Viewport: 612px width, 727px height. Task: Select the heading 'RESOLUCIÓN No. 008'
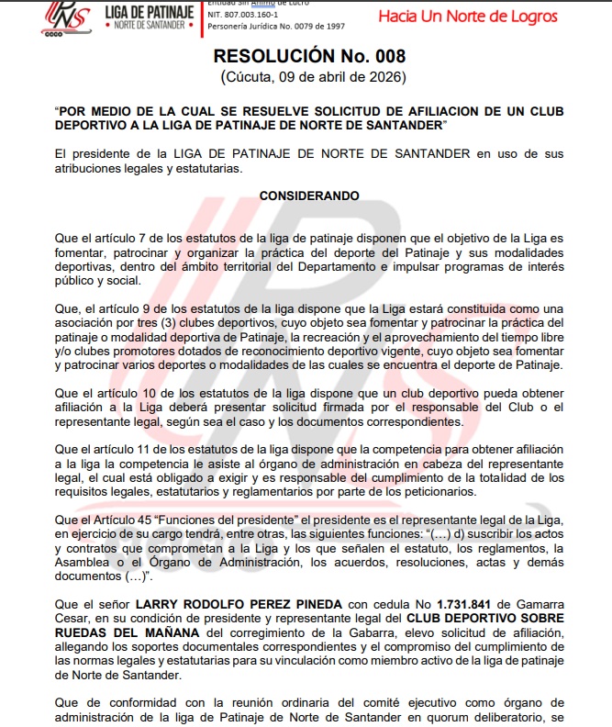click(306, 56)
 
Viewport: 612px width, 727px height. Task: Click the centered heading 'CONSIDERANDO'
click(309, 196)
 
